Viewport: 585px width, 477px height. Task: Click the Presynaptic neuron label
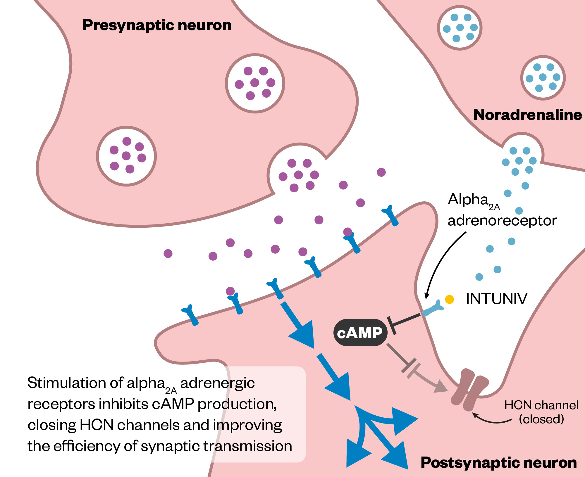[x=157, y=25]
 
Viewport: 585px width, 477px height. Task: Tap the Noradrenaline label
[x=527, y=115]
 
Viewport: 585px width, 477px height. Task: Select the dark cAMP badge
[x=360, y=333]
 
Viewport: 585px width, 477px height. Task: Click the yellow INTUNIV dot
[x=449, y=299]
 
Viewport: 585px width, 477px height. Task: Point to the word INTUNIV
[x=496, y=299]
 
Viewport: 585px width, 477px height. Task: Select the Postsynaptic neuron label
[x=498, y=463]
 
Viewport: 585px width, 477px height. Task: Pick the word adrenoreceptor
[x=502, y=220]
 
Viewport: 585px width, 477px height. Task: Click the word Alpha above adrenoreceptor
[x=468, y=200]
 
